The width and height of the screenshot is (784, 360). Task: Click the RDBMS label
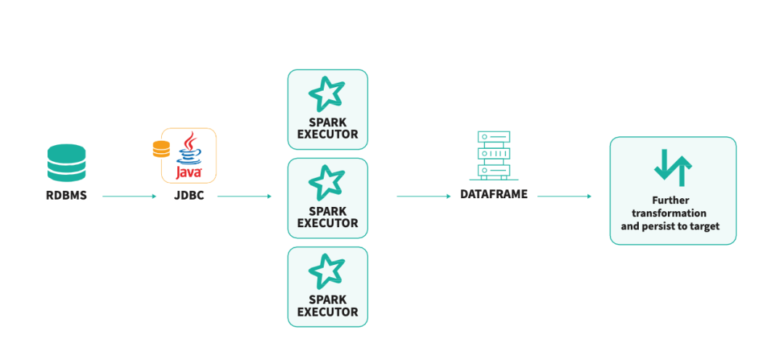coord(67,195)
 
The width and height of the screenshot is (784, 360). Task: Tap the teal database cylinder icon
coord(67,163)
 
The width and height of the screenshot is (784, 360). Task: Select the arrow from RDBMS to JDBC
coord(129,196)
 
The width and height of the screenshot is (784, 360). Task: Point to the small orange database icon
coord(161,149)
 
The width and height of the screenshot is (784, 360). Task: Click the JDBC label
coord(188,195)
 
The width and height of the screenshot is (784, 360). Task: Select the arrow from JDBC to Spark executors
coord(244,196)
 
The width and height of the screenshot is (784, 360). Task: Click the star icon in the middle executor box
coord(327,183)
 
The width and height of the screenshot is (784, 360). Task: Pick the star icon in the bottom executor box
coord(327,271)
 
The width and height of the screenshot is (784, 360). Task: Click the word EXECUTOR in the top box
coord(327,134)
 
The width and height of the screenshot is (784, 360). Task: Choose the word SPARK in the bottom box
coord(327,300)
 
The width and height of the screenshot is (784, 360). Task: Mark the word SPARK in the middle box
coord(327,211)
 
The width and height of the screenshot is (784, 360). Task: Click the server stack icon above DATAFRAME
coord(494,155)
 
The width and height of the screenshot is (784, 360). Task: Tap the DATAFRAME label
coord(494,195)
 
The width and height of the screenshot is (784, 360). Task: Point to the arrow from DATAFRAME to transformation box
coord(564,196)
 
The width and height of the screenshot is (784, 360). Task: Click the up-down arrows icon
coord(673,168)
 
